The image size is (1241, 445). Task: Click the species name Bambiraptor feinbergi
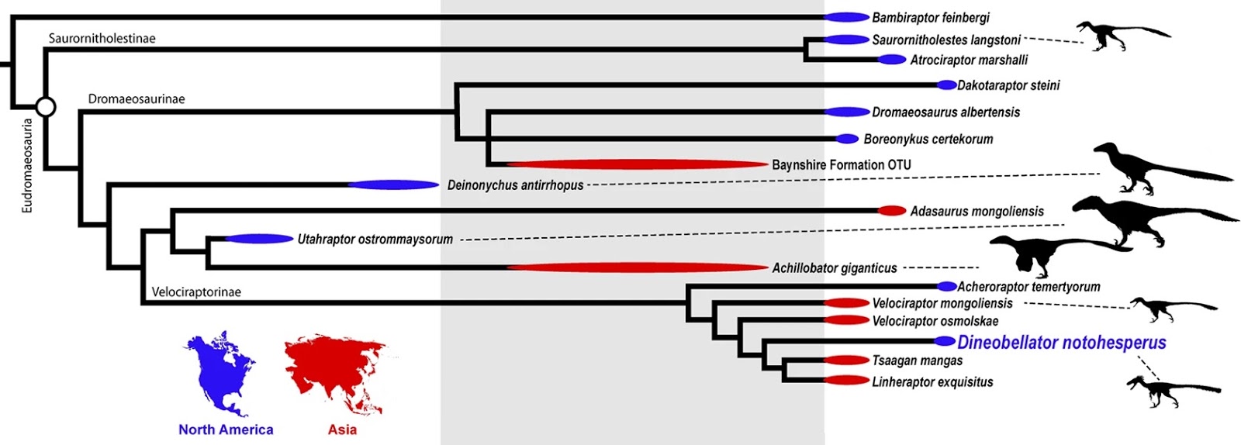[x=930, y=17]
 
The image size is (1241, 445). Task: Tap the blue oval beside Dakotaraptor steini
[x=947, y=85]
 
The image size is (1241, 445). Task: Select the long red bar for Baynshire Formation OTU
[x=637, y=164]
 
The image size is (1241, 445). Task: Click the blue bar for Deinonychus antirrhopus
[x=393, y=185]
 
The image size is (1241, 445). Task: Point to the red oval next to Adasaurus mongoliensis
[x=891, y=211]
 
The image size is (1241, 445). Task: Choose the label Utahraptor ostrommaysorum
[x=375, y=240]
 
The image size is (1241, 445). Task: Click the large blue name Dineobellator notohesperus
[x=1061, y=342]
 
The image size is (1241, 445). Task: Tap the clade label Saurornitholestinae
[x=102, y=38]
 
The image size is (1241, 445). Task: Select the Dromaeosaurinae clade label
[x=137, y=99]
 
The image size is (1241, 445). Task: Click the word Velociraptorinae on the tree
[x=196, y=292]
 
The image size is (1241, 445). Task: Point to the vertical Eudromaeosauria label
[x=27, y=165]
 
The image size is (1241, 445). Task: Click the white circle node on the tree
[x=46, y=106]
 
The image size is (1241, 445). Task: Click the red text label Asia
[x=342, y=429]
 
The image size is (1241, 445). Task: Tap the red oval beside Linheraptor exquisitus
[x=846, y=381]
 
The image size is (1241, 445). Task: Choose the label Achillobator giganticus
[x=834, y=268]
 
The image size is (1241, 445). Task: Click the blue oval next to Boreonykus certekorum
[x=847, y=140]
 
